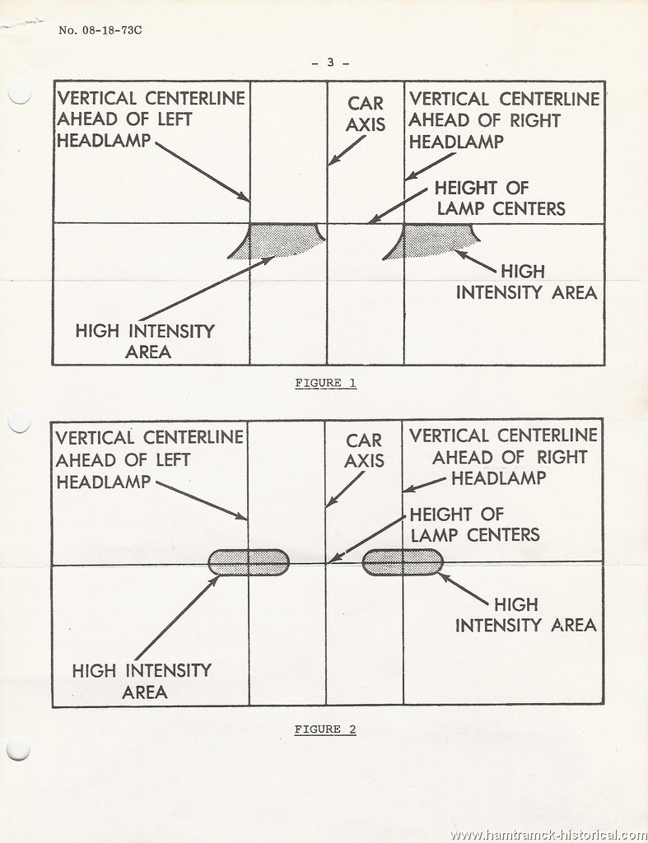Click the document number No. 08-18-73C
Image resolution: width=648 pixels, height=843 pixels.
point(100,30)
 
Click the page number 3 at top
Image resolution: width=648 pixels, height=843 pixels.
point(330,63)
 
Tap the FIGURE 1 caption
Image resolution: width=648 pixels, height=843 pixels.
point(325,383)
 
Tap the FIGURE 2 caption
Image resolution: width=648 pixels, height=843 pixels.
point(324,729)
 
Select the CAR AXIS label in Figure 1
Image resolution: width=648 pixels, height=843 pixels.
point(366,114)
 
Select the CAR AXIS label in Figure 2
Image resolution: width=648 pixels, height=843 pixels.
point(365,450)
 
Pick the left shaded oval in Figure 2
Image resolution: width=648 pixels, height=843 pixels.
point(249,562)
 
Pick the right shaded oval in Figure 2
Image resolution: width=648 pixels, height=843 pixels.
point(403,562)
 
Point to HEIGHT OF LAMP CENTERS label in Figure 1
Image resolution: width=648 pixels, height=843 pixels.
point(501,198)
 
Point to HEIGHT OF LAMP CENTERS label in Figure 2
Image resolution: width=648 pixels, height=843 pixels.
point(475,524)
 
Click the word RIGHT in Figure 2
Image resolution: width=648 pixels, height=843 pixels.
point(562,457)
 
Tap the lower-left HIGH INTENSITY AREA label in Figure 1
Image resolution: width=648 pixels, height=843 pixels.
point(145,341)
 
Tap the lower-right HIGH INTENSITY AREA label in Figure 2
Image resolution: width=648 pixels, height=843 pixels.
point(526,614)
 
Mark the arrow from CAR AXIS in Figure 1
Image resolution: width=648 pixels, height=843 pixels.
point(347,150)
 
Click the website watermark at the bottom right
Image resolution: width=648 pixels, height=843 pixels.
point(548,836)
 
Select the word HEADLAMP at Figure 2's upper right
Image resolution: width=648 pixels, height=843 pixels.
point(498,478)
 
